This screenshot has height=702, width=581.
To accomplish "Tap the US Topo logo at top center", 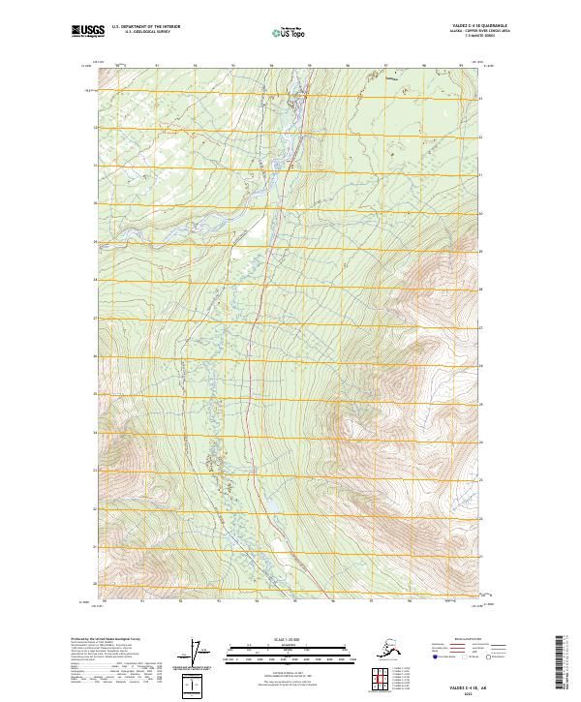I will coord(290,33).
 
